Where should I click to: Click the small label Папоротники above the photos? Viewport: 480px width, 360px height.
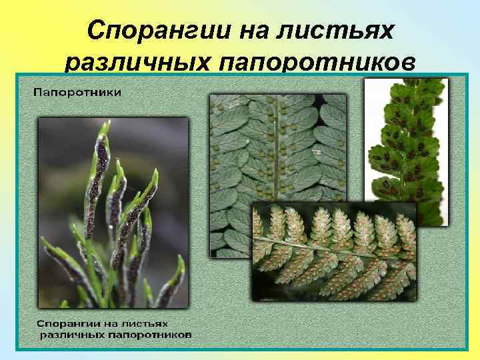click(x=77, y=92)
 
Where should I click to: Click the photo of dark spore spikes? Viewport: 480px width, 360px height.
click(x=113, y=213)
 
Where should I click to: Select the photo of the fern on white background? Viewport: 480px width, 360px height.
click(x=405, y=147)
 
